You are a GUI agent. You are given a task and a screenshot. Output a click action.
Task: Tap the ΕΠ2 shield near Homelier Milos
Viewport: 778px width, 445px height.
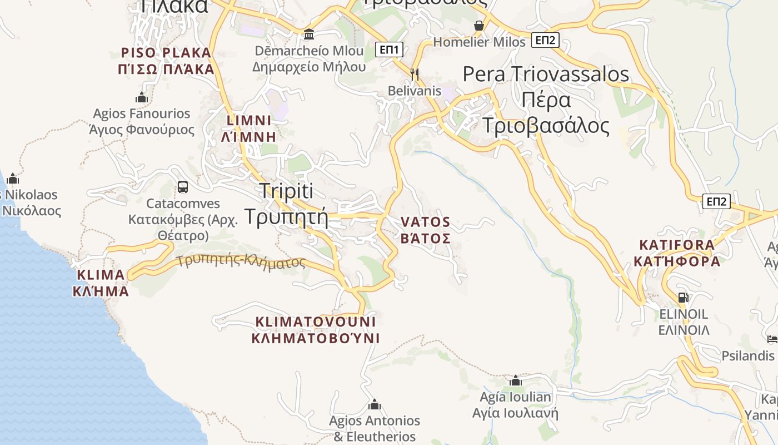(x=545, y=39)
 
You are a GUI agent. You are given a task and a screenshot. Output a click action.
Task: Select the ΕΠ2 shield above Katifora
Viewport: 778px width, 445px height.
(x=716, y=201)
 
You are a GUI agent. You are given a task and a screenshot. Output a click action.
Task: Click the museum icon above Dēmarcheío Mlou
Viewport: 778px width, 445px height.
(x=309, y=34)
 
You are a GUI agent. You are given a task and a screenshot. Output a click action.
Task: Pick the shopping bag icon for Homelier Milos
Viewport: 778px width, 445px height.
(x=479, y=26)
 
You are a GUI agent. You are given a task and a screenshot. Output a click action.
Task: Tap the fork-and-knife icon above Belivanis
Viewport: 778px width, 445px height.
(x=414, y=73)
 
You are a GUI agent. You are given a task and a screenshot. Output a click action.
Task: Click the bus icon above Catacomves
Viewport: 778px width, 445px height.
(x=183, y=187)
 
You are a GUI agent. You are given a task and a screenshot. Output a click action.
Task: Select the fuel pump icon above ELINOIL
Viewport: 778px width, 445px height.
(x=684, y=298)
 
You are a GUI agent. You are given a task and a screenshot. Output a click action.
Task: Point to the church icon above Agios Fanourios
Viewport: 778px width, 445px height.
(x=142, y=97)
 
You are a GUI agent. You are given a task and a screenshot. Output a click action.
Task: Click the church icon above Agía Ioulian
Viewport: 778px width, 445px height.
(x=516, y=381)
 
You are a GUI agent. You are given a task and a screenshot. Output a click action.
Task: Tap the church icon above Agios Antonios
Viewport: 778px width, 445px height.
(x=374, y=404)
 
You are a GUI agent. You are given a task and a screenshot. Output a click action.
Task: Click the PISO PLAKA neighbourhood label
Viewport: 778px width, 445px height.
(x=167, y=61)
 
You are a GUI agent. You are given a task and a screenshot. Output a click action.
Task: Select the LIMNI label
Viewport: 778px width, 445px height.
(x=248, y=128)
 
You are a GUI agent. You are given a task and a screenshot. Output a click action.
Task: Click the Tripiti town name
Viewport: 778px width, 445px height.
(x=286, y=204)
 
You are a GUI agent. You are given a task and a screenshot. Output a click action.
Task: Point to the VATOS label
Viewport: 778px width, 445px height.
(x=426, y=230)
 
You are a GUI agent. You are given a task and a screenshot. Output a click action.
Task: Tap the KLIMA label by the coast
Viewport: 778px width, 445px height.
(x=101, y=283)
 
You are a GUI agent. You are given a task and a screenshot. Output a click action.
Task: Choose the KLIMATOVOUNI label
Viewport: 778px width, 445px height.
(x=316, y=330)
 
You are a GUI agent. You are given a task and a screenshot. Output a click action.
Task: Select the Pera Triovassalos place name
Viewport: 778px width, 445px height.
(x=546, y=100)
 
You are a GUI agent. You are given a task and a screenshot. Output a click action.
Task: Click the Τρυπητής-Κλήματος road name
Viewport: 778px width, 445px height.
(x=241, y=261)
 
